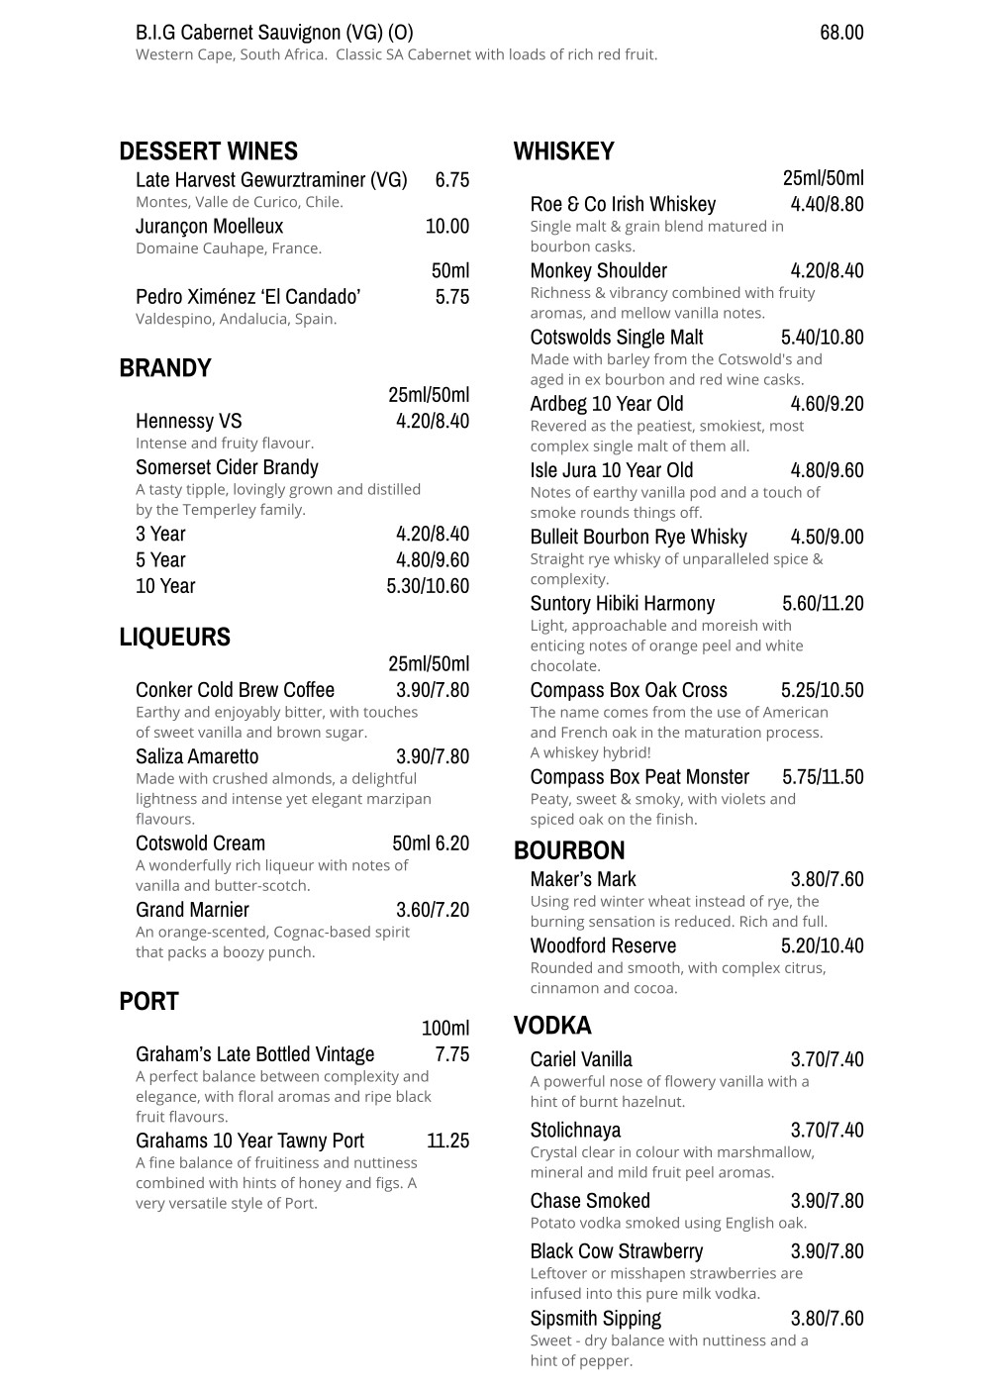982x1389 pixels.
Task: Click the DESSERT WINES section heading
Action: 208,151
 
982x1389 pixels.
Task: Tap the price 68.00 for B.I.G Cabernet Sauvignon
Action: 841,33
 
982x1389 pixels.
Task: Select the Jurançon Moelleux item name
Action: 209,227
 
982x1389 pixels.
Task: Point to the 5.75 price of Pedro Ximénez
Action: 451,297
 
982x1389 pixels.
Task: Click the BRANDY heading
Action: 165,368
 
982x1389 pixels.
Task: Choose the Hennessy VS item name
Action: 188,422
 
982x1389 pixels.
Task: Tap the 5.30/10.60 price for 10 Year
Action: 428,586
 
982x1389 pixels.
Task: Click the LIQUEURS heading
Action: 174,637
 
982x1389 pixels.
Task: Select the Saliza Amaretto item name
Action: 197,757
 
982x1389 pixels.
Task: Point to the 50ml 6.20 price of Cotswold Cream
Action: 431,843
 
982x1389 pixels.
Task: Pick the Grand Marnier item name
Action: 192,910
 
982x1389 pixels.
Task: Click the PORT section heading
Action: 148,1002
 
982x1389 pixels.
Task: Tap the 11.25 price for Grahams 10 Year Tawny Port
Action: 447,1141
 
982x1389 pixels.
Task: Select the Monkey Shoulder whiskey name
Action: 598,271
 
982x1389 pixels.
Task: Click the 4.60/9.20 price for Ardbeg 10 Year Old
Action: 827,404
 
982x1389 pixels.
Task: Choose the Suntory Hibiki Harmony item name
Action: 622,604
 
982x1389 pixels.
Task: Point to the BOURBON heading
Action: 569,851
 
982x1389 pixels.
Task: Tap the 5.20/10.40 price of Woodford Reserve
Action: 822,946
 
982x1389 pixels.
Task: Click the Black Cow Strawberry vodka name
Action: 616,1251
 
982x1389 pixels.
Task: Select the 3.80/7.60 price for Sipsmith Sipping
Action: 827,1319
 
